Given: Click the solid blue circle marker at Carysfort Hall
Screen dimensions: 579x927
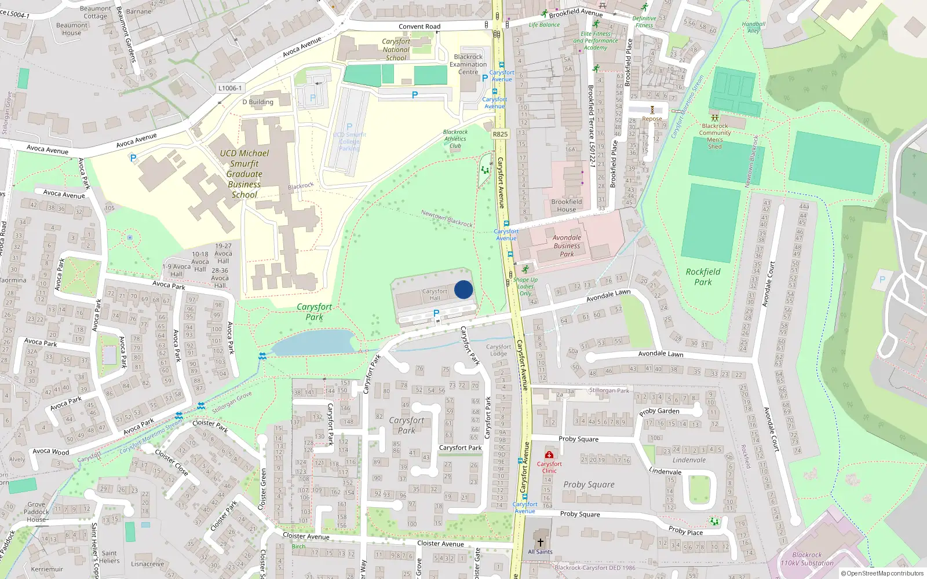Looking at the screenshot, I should tap(463, 289).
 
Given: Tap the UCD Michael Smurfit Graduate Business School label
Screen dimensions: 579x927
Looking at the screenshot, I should tap(244, 174).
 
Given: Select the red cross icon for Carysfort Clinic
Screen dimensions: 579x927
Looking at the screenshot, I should tap(549, 455).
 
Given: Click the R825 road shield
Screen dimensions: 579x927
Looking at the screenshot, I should tap(500, 134).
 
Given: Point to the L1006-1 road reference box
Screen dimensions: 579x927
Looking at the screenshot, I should tap(230, 88).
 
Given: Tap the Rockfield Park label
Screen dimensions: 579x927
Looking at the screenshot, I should tap(703, 277).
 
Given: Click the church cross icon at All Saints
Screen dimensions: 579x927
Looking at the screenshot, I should tap(540, 543).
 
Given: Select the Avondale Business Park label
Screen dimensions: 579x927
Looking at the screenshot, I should tap(567, 245).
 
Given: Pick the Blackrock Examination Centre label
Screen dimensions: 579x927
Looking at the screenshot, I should tap(468, 64).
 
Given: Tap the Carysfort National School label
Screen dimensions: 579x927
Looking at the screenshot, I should tap(396, 50).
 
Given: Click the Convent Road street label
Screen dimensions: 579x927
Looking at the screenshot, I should tap(419, 27).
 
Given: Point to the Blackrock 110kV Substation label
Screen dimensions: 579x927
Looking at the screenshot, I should tap(807, 559).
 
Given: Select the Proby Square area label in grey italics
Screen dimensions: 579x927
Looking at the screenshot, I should tap(589, 485).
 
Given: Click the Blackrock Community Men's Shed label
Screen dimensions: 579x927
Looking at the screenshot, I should tap(715, 136).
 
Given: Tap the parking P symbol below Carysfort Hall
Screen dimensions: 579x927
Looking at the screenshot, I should tap(436, 313).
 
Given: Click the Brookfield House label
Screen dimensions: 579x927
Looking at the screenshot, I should tap(567, 206).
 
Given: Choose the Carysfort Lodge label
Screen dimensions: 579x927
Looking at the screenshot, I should tap(498, 350).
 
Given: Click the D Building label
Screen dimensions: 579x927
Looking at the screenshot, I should tap(258, 102).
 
